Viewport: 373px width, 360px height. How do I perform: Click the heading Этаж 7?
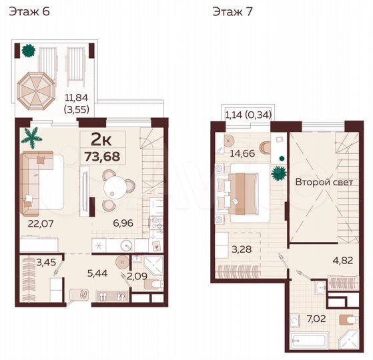click(x=232, y=11)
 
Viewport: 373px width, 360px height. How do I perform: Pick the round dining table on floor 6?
click(x=117, y=183)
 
